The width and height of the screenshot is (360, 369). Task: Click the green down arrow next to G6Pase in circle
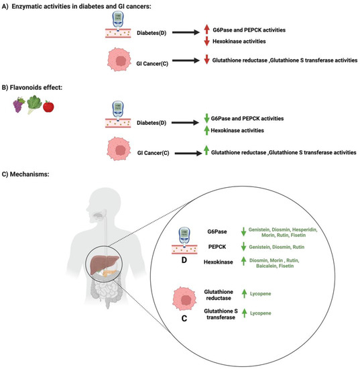[245, 231]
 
